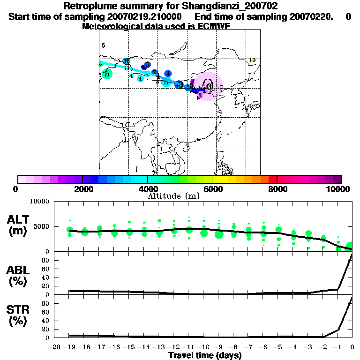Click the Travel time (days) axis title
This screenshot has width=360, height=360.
pyautogui.click(x=205, y=356)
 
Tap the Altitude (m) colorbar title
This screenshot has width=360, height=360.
pyautogui.click(x=174, y=196)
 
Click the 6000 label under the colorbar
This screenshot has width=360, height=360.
pyautogui.click(x=212, y=189)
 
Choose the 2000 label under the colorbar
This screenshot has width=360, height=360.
pyautogui.click(x=82, y=189)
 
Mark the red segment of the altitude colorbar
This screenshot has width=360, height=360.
pyautogui.click(x=272, y=179)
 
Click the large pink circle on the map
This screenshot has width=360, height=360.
pyautogui.click(x=208, y=87)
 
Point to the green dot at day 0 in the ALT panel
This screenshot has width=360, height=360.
pyautogui.click(x=350, y=247)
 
